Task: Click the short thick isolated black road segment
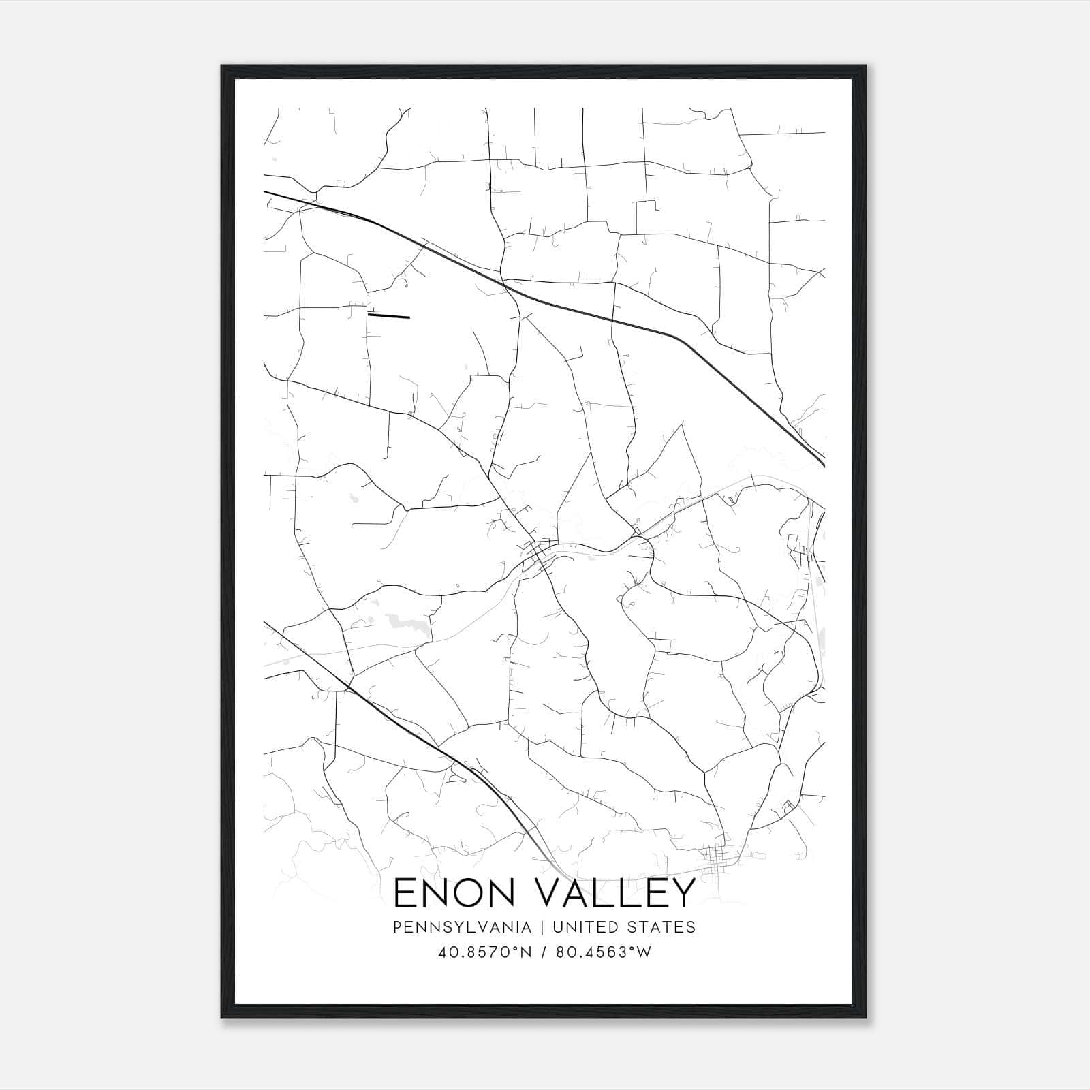coord(388,315)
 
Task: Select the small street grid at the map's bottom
coord(717,859)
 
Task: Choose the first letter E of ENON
coord(405,893)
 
